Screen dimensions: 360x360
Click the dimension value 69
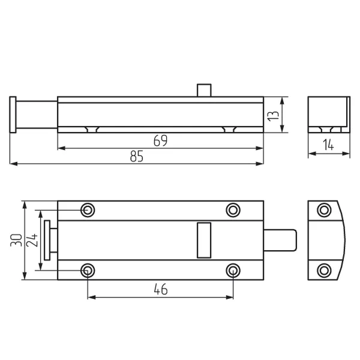pyautogui.click(x=160, y=140)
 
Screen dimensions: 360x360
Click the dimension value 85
pyautogui.click(x=137, y=156)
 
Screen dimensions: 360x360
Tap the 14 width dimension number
pyautogui.click(x=329, y=145)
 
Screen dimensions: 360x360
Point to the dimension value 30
pyautogui.click(x=16, y=240)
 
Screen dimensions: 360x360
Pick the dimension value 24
pyautogui.click(x=32, y=240)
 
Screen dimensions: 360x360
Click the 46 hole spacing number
pyautogui.click(x=161, y=289)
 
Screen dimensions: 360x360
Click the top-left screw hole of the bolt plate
pyautogui.click(x=88, y=210)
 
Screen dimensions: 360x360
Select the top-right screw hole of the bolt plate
pyautogui.click(x=233, y=210)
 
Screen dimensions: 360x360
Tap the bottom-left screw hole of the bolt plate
pyautogui.click(x=88, y=271)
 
